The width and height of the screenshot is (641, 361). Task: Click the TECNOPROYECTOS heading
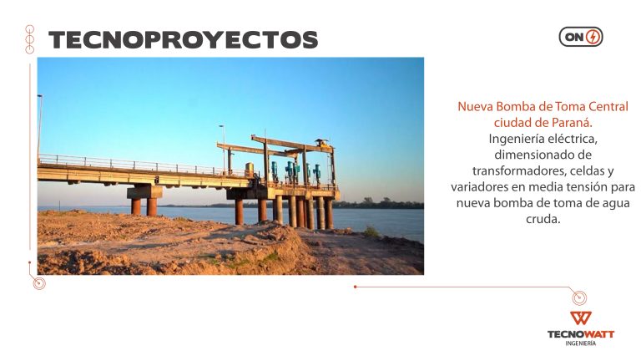183,40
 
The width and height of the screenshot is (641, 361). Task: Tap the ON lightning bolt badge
581,37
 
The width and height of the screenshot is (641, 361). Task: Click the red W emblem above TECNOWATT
581,318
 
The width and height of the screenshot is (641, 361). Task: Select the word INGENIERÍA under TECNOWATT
581,343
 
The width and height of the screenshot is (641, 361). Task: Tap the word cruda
543,219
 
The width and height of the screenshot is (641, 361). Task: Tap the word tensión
588,187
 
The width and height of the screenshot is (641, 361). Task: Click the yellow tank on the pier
249,169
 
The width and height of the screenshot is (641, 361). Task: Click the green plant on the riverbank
371,231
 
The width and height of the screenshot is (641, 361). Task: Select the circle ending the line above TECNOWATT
579,297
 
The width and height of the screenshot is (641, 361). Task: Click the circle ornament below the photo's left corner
39,282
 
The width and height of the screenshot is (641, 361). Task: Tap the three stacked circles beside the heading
30,39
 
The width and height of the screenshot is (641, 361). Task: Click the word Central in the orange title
608,107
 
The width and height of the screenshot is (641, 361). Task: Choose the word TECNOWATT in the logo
581,334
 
